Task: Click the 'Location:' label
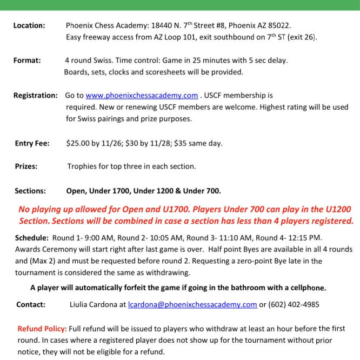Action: (x=29, y=25)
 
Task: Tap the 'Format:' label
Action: (x=27, y=61)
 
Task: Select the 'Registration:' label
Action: (x=36, y=96)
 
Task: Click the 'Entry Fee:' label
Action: (x=32, y=143)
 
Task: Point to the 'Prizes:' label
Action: (x=26, y=166)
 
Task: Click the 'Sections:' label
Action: (x=30, y=191)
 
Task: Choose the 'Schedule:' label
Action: (x=32, y=238)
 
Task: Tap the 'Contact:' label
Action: (x=31, y=304)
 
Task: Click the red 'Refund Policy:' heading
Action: (x=42, y=329)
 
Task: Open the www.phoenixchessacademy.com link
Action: (x=142, y=96)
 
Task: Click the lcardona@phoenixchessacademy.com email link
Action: (x=192, y=304)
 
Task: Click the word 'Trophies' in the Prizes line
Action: (x=83, y=166)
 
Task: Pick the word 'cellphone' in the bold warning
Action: (x=306, y=287)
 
